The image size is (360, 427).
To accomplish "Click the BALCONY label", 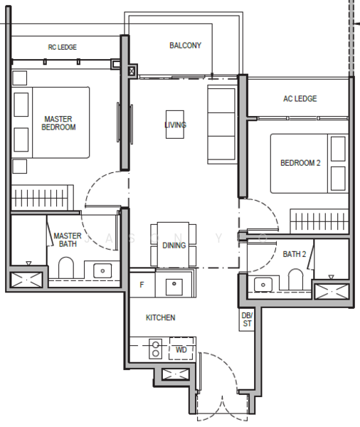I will point(185,46).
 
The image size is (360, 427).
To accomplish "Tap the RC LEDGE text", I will point(62,48).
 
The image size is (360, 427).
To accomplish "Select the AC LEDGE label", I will point(300,99).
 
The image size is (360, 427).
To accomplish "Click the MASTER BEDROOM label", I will point(59,123).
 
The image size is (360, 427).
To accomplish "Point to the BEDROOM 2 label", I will point(300,163).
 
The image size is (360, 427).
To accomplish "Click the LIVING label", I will point(175,125).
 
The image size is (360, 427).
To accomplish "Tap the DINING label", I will point(174,246).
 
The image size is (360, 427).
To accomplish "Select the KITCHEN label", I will point(161,317).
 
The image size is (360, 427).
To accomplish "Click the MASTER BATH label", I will point(68,240).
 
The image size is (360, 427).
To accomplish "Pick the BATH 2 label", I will point(294,254).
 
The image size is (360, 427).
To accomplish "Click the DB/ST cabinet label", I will point(247,320).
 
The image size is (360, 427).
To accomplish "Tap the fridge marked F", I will point(142,285).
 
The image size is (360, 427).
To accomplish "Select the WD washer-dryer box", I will point(181,350).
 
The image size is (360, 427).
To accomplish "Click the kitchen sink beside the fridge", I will point(174,286).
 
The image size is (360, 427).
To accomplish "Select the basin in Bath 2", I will point(264,285).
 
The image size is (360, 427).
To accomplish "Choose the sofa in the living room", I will point(221,122).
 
